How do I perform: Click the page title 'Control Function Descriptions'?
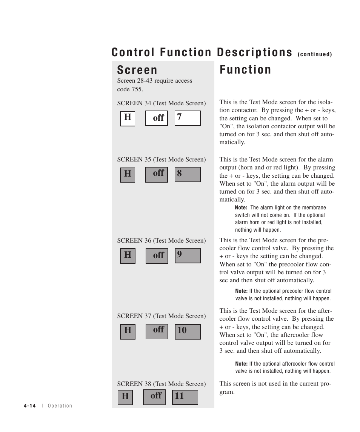pos(202,52)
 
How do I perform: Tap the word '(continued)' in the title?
pos(315,54)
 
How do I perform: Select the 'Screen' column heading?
pos(137,70)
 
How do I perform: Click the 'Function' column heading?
pos(245,70)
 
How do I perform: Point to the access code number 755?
pos(137,89)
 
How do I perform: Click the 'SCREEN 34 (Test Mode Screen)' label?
pos(161,103)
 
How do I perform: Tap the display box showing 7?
pos(187,118)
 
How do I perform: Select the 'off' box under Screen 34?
pos(157,118)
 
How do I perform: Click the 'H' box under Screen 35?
pos(128,174)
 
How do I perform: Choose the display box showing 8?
pos(187,174)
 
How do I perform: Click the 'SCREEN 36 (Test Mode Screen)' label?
pos(161,240)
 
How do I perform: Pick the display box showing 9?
pos(187,255)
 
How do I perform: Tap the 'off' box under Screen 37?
pos(157,331)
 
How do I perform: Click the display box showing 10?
pos(187,331)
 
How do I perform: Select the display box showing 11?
pos(185,397)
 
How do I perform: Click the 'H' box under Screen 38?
pos(125,397)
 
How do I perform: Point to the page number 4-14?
pos(29,406)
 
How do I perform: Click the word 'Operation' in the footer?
pos(60,406)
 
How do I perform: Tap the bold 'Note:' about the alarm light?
pos(241,208)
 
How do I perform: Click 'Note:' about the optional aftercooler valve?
pos(241,364)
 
